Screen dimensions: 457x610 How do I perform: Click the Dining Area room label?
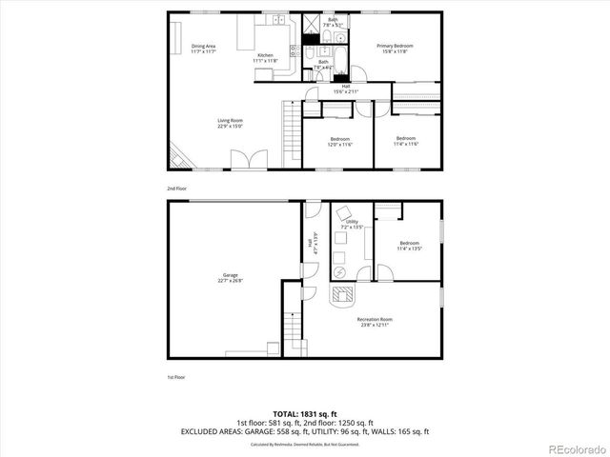click(x=201, y=46)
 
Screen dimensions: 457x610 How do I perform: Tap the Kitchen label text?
click(x=266, y=55)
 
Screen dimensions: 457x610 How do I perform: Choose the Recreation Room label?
click(x=374, y=319)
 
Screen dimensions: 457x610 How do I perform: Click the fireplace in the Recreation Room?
click(x=340, y=295)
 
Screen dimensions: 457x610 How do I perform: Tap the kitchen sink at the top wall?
click(x=278, y=19)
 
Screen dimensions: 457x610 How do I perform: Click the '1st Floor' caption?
click(x=175, y=378)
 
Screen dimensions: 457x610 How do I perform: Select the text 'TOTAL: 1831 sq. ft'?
click(x=306, y=414)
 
